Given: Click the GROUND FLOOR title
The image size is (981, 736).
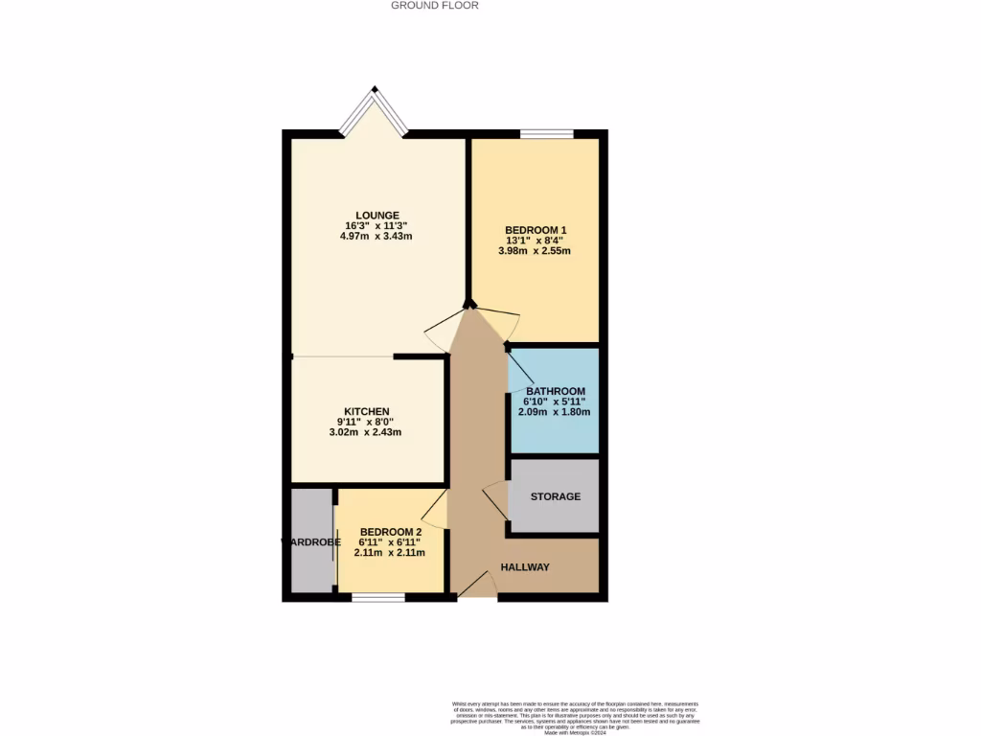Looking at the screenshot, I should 434,6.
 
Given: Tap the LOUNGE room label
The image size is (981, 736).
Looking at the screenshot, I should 376,215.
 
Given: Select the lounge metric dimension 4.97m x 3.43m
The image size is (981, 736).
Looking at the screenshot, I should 376,237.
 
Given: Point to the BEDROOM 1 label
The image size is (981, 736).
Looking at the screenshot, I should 536,230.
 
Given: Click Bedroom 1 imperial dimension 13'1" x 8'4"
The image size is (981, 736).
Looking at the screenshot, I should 536,241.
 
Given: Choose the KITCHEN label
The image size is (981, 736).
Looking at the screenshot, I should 366,411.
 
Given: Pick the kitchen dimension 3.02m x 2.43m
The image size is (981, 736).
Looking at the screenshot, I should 365,432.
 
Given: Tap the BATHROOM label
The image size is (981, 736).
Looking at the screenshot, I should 555,391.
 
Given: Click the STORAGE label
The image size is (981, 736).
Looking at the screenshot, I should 556,496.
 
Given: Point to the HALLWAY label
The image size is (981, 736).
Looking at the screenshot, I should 525,567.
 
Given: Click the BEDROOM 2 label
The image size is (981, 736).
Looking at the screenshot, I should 390,532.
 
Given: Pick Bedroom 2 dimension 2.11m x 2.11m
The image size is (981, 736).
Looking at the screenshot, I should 390,553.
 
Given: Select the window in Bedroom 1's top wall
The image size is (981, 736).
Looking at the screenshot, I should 547,133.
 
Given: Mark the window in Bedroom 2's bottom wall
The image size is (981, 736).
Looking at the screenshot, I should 377,598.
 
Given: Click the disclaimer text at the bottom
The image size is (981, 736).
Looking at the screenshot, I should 576,718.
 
